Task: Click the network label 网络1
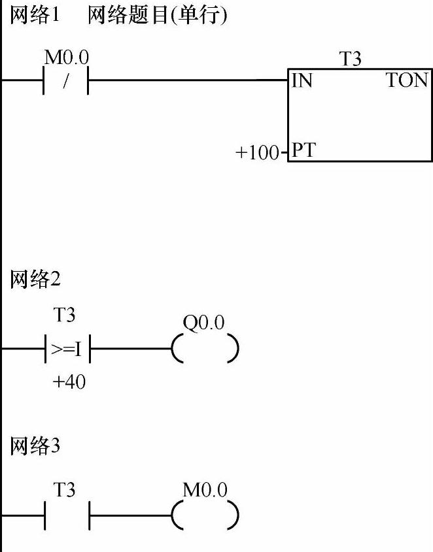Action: tap(35, 16)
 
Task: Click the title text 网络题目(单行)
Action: tap(158, 16)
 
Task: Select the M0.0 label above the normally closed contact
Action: tap(66, 57)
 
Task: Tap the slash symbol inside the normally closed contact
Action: tap(66, 81)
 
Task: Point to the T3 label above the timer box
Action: tap(350, 59)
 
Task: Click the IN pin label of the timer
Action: tap(302, 81)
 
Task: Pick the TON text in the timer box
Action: tap(407, 81)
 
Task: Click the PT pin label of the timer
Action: tap(303, 151)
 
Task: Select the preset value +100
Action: tap(257, 154)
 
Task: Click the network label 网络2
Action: tap(35, 280)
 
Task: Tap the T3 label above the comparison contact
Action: tap(64, 316)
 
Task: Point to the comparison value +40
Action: tap(69, 382)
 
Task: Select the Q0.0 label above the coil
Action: tap(204, 323)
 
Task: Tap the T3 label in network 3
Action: tap(64, 489)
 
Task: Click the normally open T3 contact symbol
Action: tap(66, 517)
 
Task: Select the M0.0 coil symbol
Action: tap(205, 517)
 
